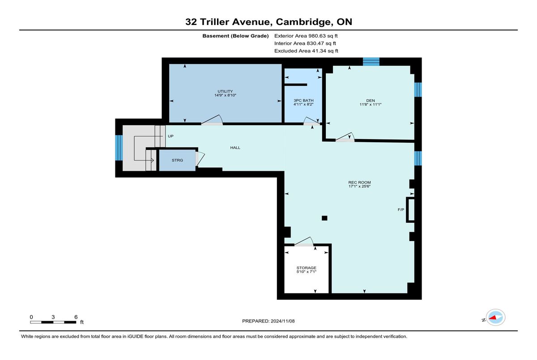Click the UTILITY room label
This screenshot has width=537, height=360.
(225, 91)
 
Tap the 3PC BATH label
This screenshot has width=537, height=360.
(303, 100)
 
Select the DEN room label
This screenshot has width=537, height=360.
(371, 100)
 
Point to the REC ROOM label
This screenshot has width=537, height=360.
(359, 182)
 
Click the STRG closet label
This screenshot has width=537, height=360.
(177, 160)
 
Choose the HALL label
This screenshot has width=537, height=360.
(235, 148)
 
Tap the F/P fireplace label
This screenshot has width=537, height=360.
(401, 210)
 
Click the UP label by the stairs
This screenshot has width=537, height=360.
(170, 136)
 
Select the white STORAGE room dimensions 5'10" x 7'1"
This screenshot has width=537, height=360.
(307, 271)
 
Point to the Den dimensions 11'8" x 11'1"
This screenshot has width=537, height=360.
(371, 104)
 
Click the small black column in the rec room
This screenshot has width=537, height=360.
(324, 218)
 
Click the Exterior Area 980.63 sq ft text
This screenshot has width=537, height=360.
(306, 36)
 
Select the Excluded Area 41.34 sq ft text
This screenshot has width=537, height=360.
(306, 51)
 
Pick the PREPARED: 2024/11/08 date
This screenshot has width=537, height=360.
(268, 321)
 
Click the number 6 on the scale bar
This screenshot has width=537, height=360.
(76, 317)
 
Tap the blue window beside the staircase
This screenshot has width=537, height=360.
(119, 148)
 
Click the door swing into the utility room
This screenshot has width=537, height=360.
(212, 120)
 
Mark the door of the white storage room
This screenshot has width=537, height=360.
(304, 241)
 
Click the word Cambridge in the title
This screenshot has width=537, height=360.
(303, 22)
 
